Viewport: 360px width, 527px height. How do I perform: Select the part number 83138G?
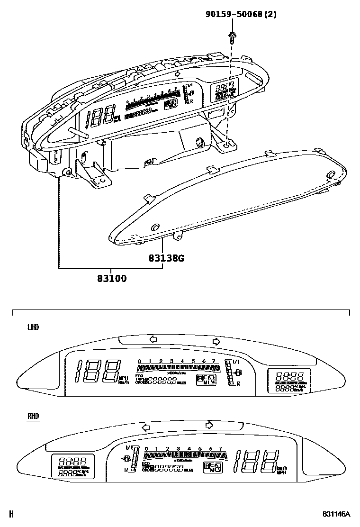tap(166, 258)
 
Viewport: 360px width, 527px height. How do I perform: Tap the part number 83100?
tap(112, 279)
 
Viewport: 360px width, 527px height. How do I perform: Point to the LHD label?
tap(33, 327)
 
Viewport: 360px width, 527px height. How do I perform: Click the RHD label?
tap(33, 416)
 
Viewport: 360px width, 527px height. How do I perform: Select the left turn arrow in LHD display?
tap(153, 339)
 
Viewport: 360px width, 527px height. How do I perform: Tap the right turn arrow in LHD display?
tap(216, 341)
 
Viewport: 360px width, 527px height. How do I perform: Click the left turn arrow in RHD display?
tap(146, 427)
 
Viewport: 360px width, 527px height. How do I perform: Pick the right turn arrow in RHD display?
tap(209, 425)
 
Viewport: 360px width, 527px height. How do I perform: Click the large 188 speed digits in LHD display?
tap(99, 371)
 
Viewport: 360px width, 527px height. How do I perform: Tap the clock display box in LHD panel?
tap(286, 381)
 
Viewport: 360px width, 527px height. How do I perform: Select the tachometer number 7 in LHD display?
tap(215, 362)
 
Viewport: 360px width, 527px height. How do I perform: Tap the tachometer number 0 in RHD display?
tap(146, 449)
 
